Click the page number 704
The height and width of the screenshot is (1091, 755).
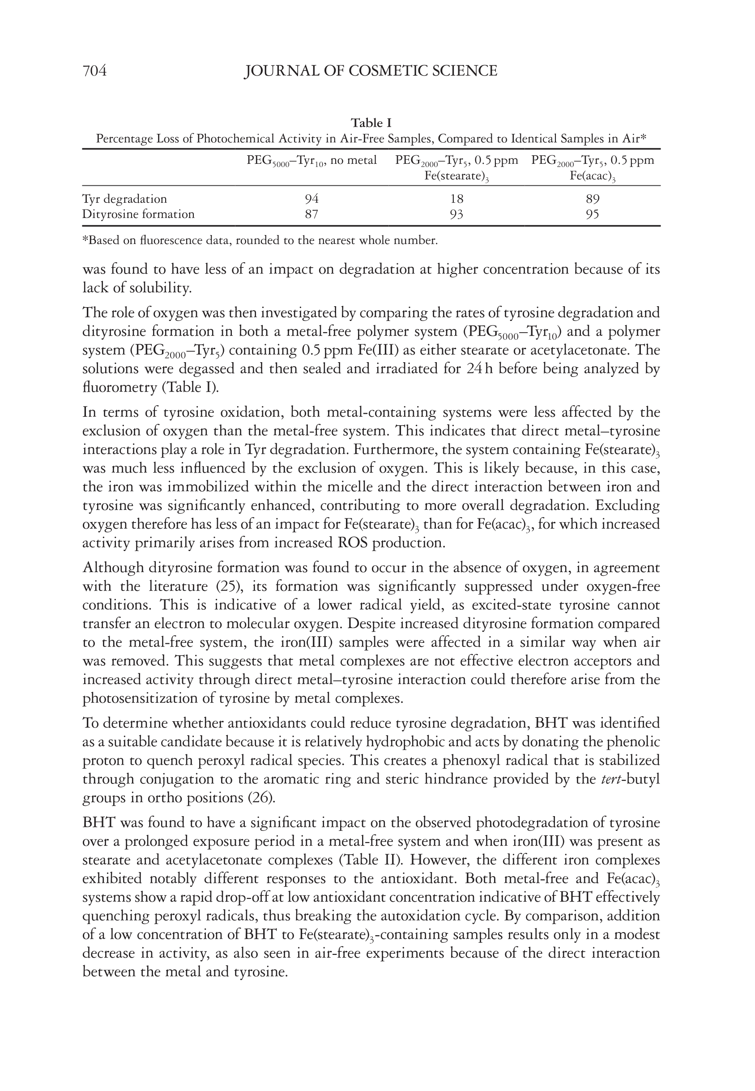click(x=94, y=71)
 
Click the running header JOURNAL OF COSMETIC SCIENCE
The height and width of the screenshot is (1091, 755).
click(x=371, y=71)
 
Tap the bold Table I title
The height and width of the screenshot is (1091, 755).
click(x=371, y=123)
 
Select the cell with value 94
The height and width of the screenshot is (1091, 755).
click(x=312, y=199)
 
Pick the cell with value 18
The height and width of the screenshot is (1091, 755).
click(x=456, y=199)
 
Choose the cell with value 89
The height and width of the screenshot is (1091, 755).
click(x=592, y=199)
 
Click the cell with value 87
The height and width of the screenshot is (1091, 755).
click(x=311, y=214)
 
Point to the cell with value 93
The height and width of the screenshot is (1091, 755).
click(x=456, y=214)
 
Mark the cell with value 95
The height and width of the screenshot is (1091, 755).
click(x=592, y=214)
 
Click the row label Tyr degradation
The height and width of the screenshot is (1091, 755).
click(x=124, y=199)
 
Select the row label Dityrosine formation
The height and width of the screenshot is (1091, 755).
click(x=138, y=214)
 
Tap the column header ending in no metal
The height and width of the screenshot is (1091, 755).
click(x=312, y=161)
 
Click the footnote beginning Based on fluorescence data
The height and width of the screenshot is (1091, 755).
click(x=260, y=240)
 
